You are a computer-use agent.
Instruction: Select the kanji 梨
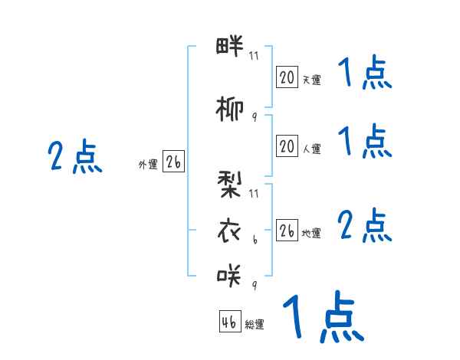(229, 185)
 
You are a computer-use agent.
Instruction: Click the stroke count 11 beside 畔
(254, 55)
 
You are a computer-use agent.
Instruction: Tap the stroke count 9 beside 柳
(254, 117)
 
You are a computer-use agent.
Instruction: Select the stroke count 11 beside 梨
(254, 193)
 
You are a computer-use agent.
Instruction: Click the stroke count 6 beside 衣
(254, 239)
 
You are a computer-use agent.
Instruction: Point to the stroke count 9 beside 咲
(254, 285)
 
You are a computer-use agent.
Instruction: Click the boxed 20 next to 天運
(287, 77)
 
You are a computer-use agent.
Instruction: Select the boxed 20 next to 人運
(287, 146)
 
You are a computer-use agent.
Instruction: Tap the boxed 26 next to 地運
(287, 231)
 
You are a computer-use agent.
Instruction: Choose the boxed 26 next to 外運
(173, 162)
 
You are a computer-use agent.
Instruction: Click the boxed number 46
(229, 322)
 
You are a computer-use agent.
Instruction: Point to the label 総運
(255, 325)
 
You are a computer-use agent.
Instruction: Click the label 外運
(147, 165)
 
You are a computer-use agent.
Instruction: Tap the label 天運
(311, 80)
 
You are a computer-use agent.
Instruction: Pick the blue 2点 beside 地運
(365, 226)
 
